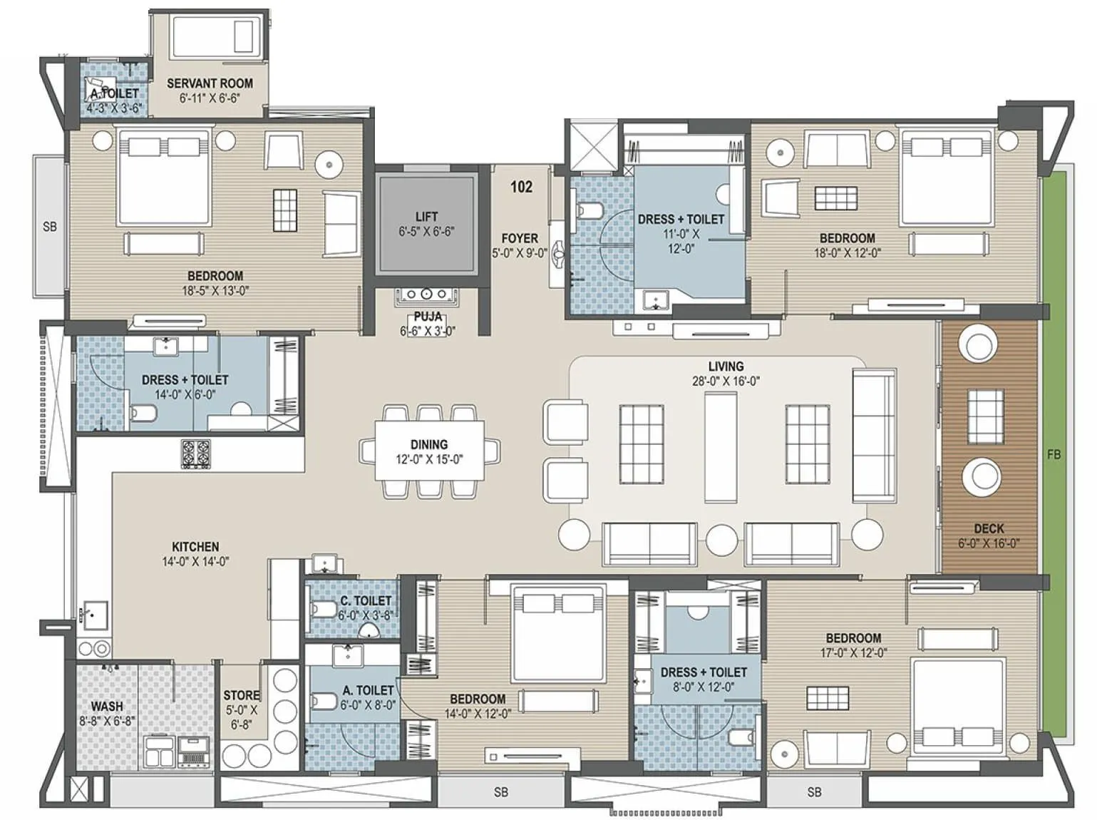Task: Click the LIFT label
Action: [426, 216]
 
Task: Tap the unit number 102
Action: [521, 187]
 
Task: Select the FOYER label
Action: [520, 238]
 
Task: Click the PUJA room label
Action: [428, 317]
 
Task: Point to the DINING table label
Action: [429, 444]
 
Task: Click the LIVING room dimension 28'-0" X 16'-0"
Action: [726, 381]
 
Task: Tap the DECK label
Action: [989, 528]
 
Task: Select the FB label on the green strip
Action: [1054, 454]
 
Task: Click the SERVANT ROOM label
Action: [210, 83]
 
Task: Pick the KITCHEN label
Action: [195, 547]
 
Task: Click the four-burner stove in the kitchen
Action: [195, 453]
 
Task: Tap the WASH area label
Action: [107, 706]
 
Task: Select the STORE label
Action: [242, 695]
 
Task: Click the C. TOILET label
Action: [366, 601]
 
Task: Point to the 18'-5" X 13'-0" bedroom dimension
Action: [215, 291]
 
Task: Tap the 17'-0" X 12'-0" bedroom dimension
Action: [853, 653]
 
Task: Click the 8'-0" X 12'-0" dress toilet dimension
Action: [704, 687]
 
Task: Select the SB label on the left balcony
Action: [49, 227]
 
